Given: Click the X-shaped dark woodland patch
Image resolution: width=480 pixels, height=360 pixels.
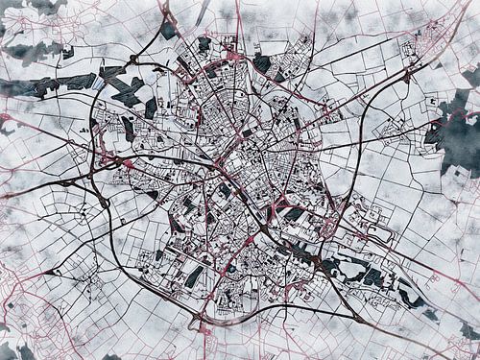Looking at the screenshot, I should tap(126, 90).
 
